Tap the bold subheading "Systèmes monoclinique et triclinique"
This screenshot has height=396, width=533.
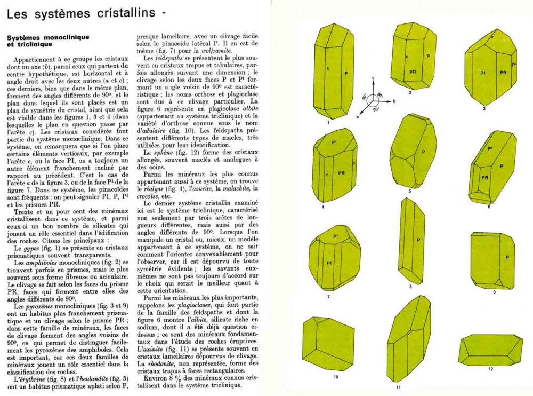[47, 41]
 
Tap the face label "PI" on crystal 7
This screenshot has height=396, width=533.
[330, 263]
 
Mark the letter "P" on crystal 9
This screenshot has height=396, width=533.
[507, 257]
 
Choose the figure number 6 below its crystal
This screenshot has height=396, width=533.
[489, 207]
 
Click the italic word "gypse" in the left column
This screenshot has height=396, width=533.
[30, 249]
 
